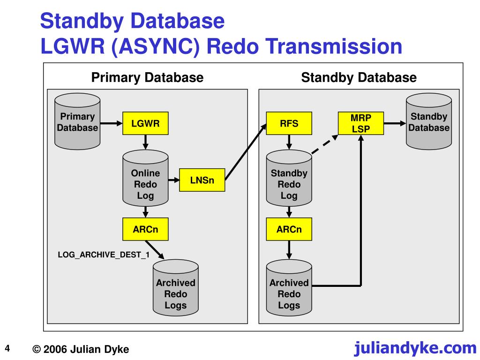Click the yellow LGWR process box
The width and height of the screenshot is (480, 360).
pos(145,123)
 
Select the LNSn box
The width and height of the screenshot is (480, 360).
pos(202,180)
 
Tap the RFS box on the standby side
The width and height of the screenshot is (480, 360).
pos(289,123)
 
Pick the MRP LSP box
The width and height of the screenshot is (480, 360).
pos(361,123)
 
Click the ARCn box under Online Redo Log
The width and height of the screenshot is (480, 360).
pos(145,229)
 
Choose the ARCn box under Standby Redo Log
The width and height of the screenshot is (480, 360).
pos(289,229)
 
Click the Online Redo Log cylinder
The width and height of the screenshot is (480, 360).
pos(145,178)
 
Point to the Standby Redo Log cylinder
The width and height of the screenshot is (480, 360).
pos(289,178)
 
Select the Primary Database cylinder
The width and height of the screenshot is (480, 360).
pos(77,121)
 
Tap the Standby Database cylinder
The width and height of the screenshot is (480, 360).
pos(429,121)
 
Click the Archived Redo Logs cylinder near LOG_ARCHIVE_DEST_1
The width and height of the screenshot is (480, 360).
pos(176,288)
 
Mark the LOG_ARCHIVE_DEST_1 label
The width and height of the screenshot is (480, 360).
pos(104,255)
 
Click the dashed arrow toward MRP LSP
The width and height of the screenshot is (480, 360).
pos(325,144)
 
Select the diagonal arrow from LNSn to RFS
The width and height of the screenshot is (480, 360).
pos(246,152)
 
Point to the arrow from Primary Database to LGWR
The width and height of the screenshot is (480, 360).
pos(112,123)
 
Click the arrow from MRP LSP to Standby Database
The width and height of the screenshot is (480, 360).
pos(395,123)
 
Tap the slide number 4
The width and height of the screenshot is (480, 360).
pos(7,348)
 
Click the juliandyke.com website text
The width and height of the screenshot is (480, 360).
pos(415,348)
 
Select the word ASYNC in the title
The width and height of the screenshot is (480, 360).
pos(156,46)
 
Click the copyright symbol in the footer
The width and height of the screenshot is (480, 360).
pos(37,349)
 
